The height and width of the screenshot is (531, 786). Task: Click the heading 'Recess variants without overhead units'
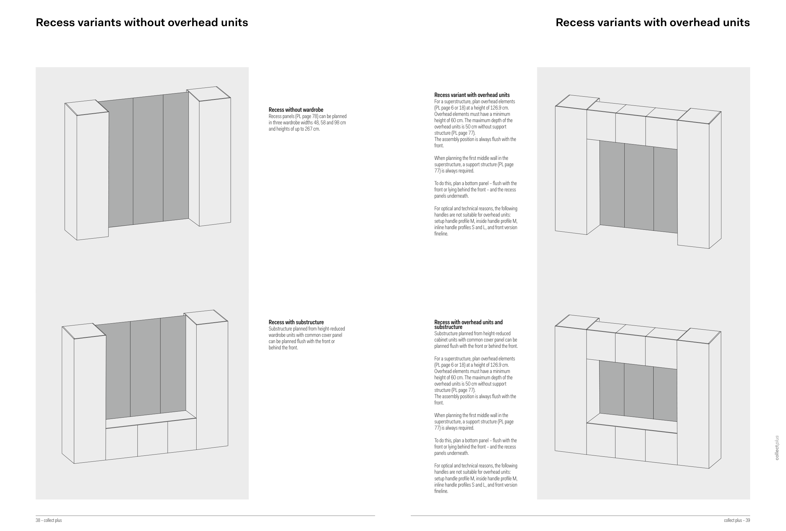click(x=142, y=22)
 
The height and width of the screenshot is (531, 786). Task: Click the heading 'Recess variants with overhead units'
click(x=652, y=22)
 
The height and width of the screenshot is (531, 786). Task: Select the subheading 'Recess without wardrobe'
click(x=296, y=110)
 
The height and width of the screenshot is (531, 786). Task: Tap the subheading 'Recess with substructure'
click(x=296, y=322)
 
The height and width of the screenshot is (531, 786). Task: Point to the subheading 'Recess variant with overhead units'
click(x=471, y=95)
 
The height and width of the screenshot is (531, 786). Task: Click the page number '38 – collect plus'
click(x=49, y=520)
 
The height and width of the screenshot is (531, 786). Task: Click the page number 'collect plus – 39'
click(x=737, y=520)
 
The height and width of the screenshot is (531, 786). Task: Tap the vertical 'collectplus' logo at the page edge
click(x=777, y=447)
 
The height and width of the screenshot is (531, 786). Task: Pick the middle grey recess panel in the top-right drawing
click(x=638, y=187)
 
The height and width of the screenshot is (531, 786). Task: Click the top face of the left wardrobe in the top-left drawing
click(x=86, y=108)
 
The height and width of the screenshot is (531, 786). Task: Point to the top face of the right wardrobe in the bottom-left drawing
click(x=205, y=317)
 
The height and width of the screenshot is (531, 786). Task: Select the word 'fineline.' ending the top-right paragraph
click(x=441, y=234)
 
